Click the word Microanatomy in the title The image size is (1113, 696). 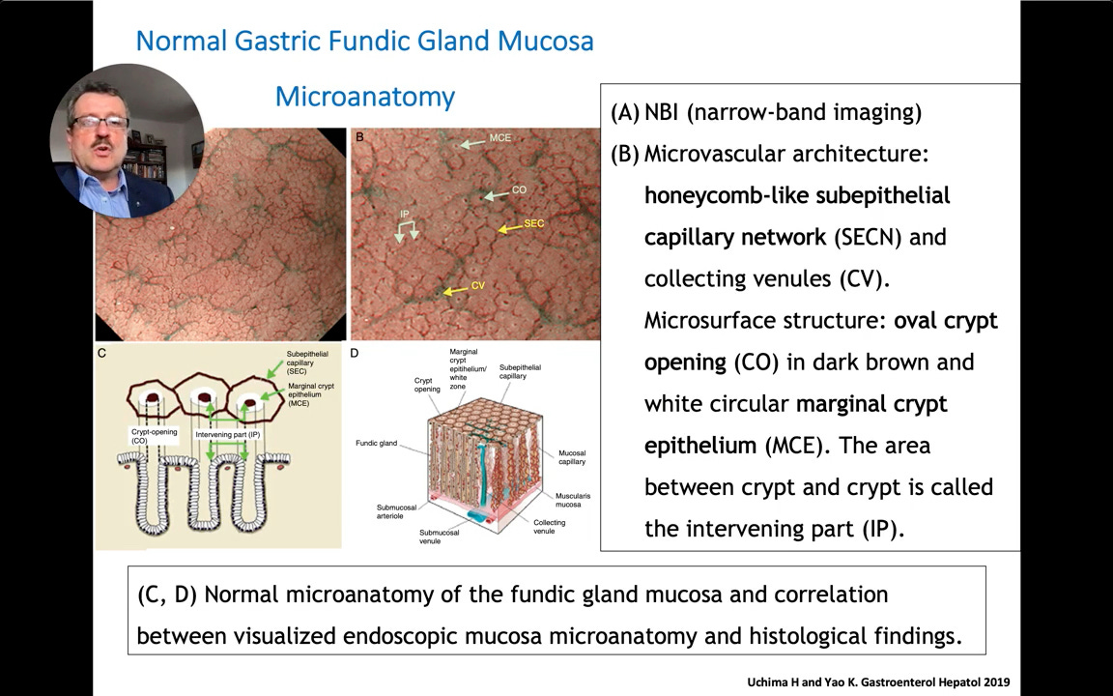pos(364,97)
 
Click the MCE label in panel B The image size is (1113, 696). pos(499,138)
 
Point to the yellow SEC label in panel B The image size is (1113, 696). pos(534,224)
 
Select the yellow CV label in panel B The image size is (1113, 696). pos(477,286)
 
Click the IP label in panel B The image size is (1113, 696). pos(406,213)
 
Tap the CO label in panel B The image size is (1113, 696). pos(519,190)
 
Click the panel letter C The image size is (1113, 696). pos(102,354)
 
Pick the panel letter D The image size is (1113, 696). pos(355,354)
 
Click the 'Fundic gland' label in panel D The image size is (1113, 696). pos(376,444)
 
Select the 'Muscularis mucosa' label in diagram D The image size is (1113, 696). pos(573,501)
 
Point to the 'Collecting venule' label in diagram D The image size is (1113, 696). pos(549,527)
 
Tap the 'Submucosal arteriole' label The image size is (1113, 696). pos(396,511)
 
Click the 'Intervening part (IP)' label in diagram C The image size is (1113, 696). pos(228,435)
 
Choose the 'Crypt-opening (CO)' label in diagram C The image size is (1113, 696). pos(155,436)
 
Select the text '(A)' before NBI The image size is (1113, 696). pos(625,112)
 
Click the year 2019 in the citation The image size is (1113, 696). pos(994,682)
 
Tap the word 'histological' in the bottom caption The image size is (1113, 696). pos(807,636)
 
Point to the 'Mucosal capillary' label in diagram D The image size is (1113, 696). pos(572,457)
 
